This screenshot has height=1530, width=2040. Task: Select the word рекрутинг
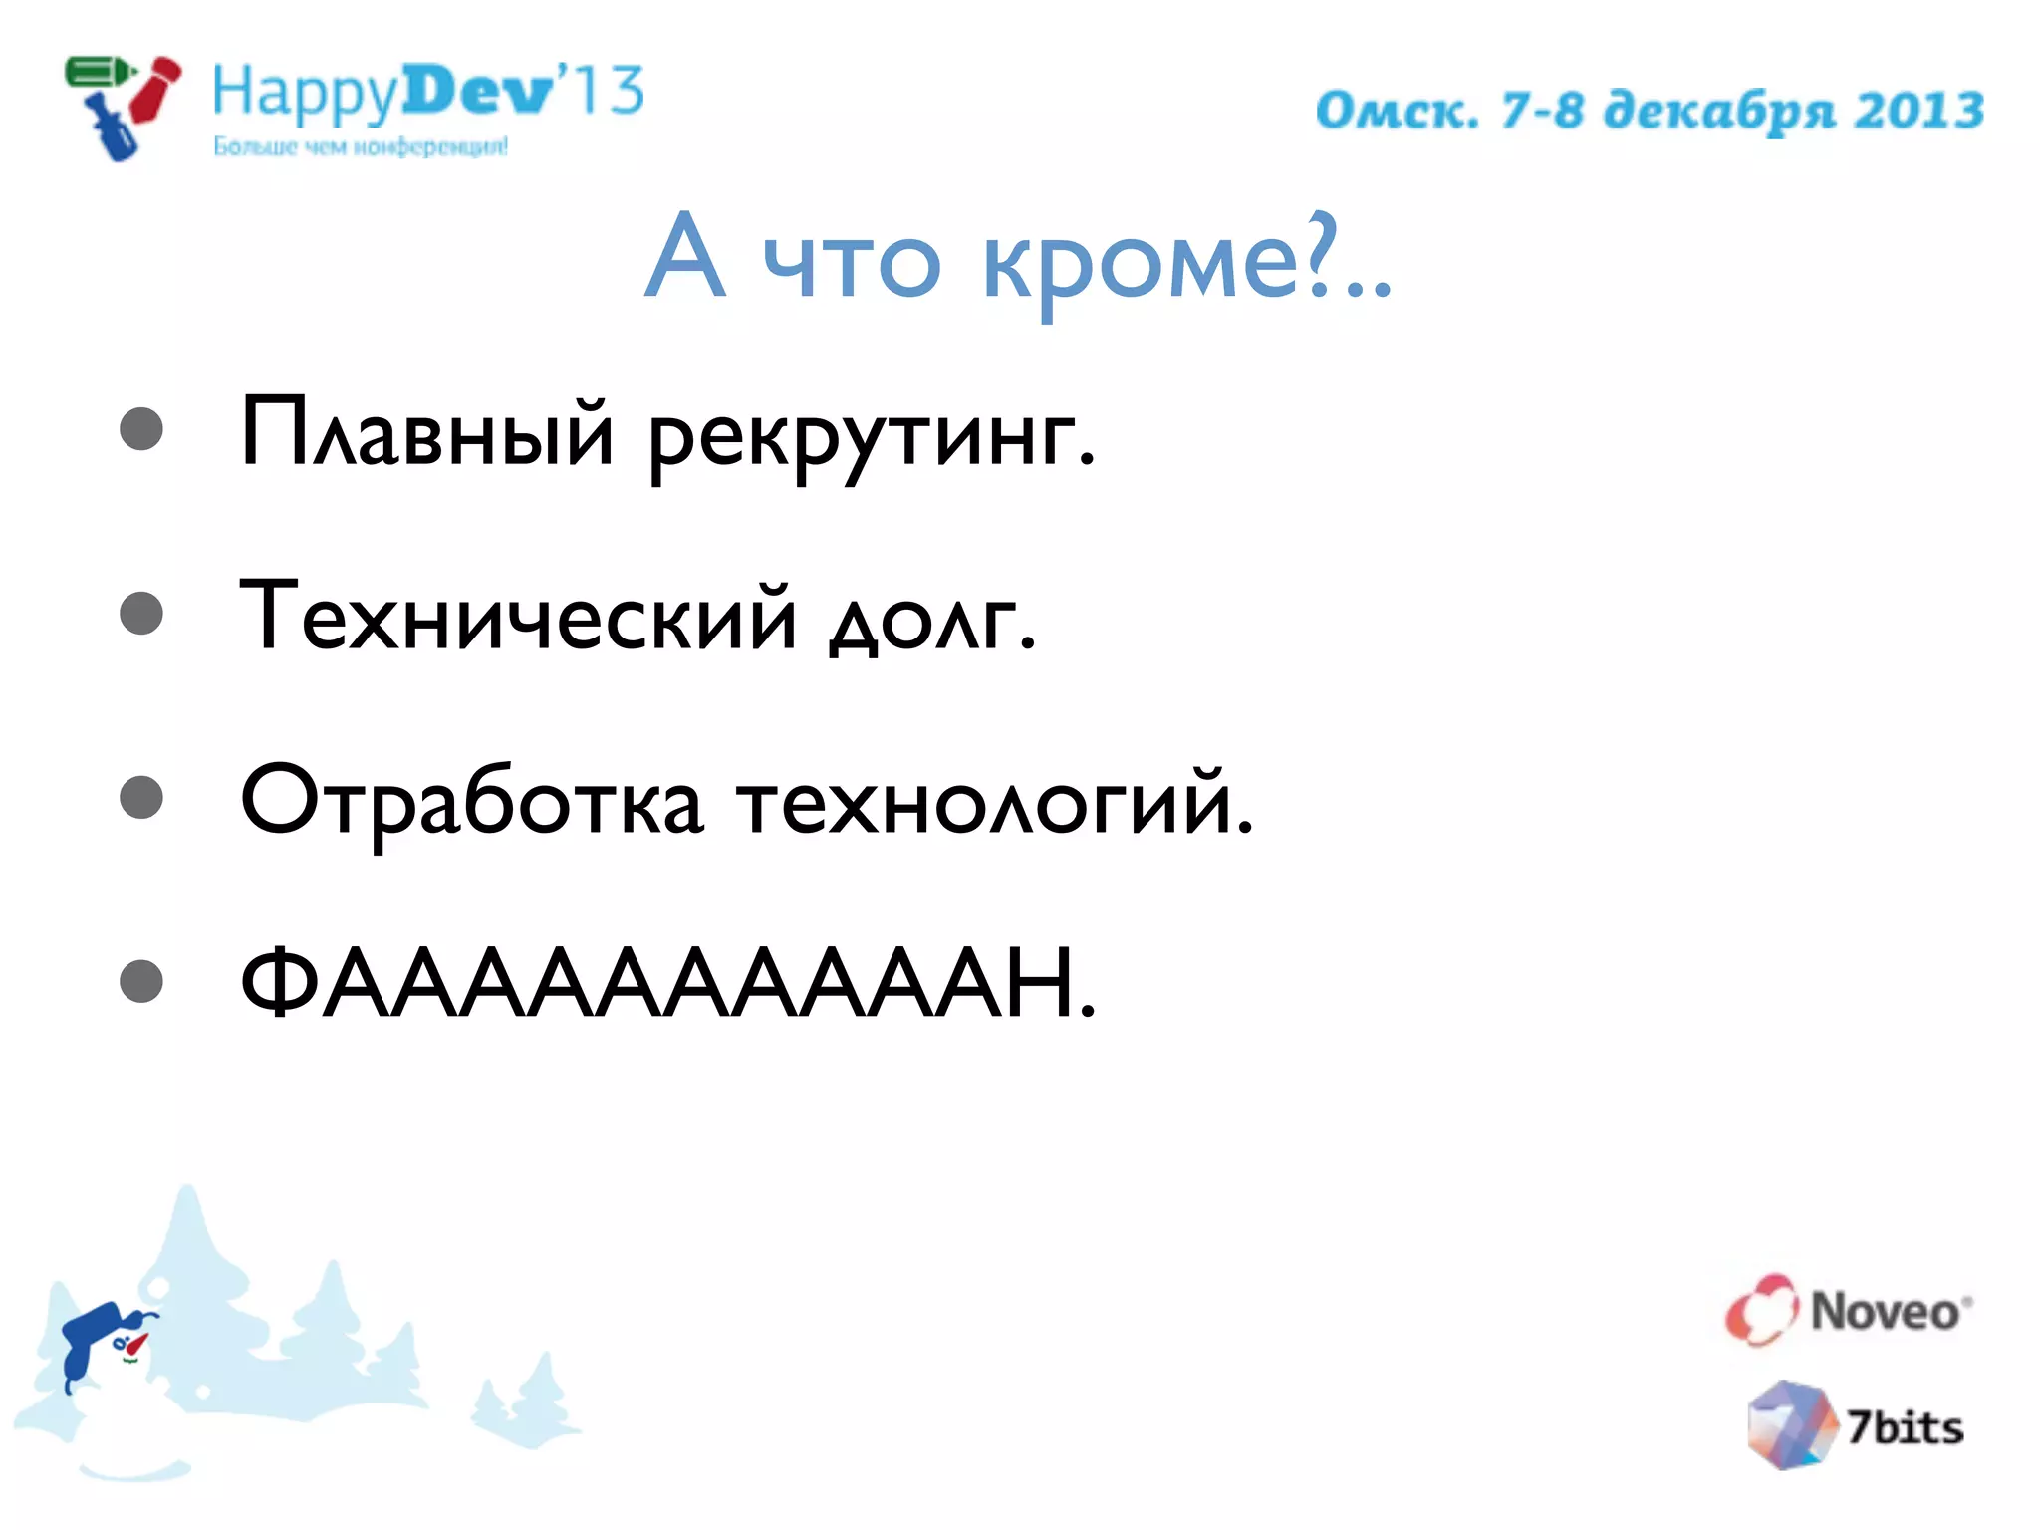pos(871,438)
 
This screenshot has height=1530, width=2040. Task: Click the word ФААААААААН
pos(667,984)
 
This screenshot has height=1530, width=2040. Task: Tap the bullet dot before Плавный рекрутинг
pos(141,429)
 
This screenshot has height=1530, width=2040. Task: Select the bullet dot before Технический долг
pos(141,614)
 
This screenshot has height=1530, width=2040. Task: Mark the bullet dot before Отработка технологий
pos(141,798)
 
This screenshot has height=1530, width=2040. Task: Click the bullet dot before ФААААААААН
pos(141,981)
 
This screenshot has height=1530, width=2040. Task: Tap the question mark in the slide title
pos(1321,255)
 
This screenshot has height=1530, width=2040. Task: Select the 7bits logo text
pos(1905,1428)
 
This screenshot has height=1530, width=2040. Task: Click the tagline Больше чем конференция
pos(361,147)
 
